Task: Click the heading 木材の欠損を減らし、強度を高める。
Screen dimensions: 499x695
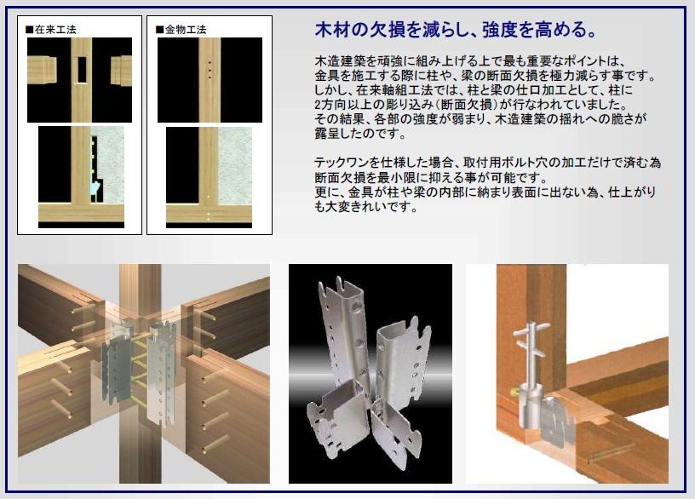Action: pos(455,32)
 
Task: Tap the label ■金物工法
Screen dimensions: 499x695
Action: pos(181,30)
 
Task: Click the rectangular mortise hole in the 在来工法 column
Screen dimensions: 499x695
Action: pos(82,70)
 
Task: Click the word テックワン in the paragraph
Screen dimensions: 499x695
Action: pos(342,162)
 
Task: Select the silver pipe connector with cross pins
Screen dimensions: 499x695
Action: pos(533,357)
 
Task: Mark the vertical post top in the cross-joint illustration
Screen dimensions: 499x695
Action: pos(139,281)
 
